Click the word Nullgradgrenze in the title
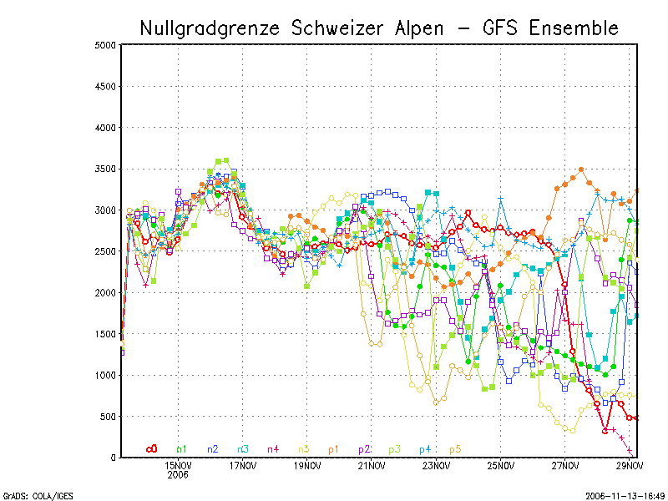coord(211,28)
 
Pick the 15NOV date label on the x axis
coord(178,465)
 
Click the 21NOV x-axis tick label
coord(372,465)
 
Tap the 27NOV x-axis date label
coord(565,465)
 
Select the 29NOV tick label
coord(630,465)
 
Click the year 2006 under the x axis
coord(178,474)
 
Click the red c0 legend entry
coord(151,449)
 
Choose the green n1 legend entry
coord(182,449)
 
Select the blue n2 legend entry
coord(213,449)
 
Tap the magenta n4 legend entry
coord(273,449)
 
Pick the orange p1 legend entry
coord(333,449)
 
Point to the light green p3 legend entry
coord(394,449)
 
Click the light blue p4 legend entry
coord(424,449)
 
